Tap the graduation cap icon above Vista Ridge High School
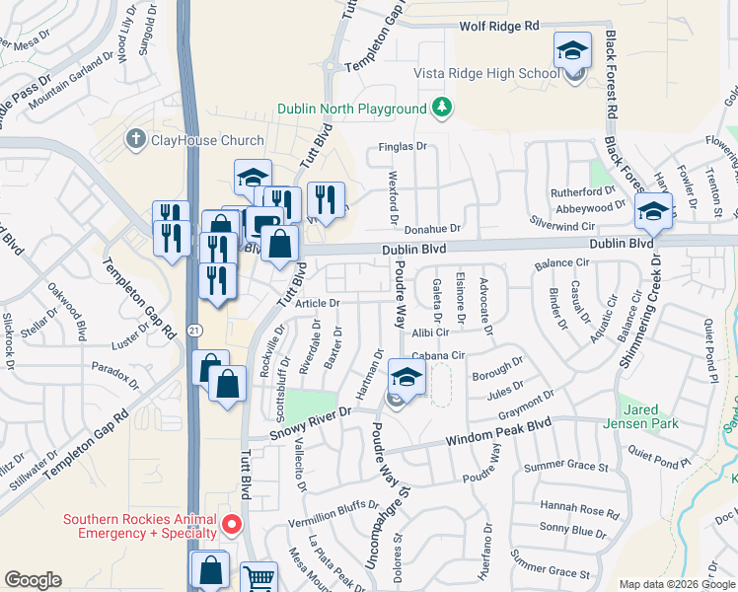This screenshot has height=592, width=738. point(572,50)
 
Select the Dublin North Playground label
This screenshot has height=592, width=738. point(351,109)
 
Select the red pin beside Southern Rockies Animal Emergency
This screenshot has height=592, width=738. point(232,523)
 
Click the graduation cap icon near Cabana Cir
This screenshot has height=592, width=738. point(406,376)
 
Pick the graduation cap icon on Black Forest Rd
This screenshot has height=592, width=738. point(653,210)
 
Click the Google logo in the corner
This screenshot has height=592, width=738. point(33,580)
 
